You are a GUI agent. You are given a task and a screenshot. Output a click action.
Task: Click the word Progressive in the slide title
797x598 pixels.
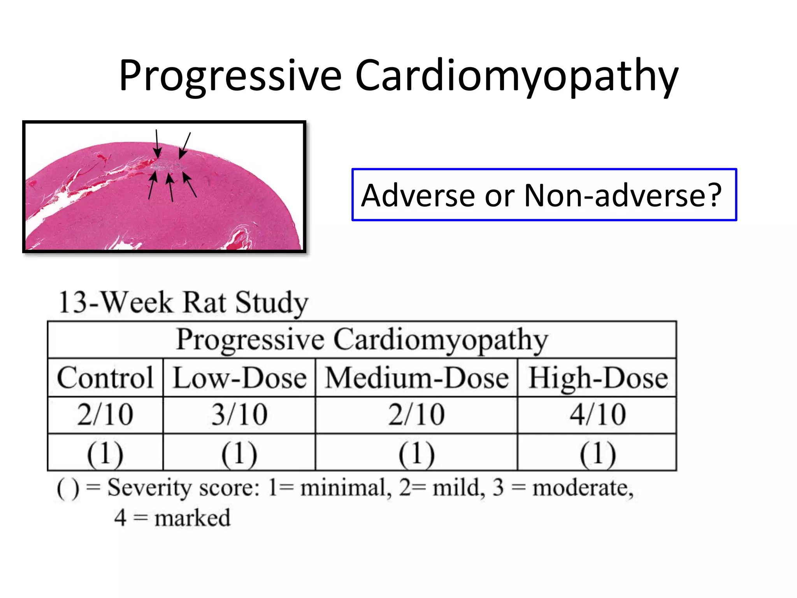(230, 76)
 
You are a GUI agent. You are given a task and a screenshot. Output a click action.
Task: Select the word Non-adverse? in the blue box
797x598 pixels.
(623, 195)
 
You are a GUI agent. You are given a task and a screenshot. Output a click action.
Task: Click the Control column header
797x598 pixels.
(105, 378)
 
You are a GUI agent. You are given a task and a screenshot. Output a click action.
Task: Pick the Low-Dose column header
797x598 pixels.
(239, 378)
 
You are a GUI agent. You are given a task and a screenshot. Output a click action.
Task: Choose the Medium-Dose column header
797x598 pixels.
(417, 378)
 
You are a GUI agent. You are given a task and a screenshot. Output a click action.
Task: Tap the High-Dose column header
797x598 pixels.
(598, 378)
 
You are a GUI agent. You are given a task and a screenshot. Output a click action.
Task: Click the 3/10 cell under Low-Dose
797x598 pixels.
(239, 415)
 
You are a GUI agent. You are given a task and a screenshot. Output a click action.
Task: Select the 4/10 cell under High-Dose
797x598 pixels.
(598, 415)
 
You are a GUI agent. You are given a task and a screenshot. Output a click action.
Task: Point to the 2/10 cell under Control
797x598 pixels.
(105, 415)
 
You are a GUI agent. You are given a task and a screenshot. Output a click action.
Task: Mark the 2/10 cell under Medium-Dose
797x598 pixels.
(417, 415)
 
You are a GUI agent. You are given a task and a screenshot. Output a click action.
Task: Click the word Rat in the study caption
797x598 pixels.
(204, 303)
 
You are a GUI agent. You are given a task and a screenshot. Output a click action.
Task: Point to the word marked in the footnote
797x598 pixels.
(192, 518)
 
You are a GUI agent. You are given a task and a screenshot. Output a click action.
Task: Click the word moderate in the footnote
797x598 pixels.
(582, 488)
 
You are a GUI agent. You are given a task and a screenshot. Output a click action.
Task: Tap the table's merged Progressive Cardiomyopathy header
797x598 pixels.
(362, 340)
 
